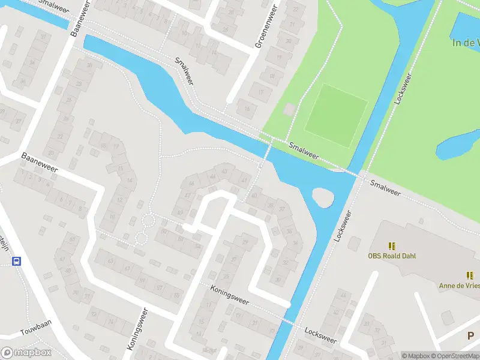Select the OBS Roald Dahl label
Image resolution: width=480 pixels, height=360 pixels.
point(392,256)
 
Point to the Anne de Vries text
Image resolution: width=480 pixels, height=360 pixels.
point(459,286)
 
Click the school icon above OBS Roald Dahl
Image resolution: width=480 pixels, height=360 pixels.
point(392,246)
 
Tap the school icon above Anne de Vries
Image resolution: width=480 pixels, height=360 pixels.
point(470,275)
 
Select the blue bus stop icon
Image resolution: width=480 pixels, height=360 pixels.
point(17,262)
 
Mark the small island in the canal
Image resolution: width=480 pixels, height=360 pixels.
point(323,197)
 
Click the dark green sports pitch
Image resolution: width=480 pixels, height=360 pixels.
point(336,115)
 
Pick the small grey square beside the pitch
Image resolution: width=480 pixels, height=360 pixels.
point(289,110)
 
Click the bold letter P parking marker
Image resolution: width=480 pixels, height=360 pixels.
point(472,335)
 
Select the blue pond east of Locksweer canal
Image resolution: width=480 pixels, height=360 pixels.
point(457,145)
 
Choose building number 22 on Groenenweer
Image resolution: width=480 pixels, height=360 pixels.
point(293,10)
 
